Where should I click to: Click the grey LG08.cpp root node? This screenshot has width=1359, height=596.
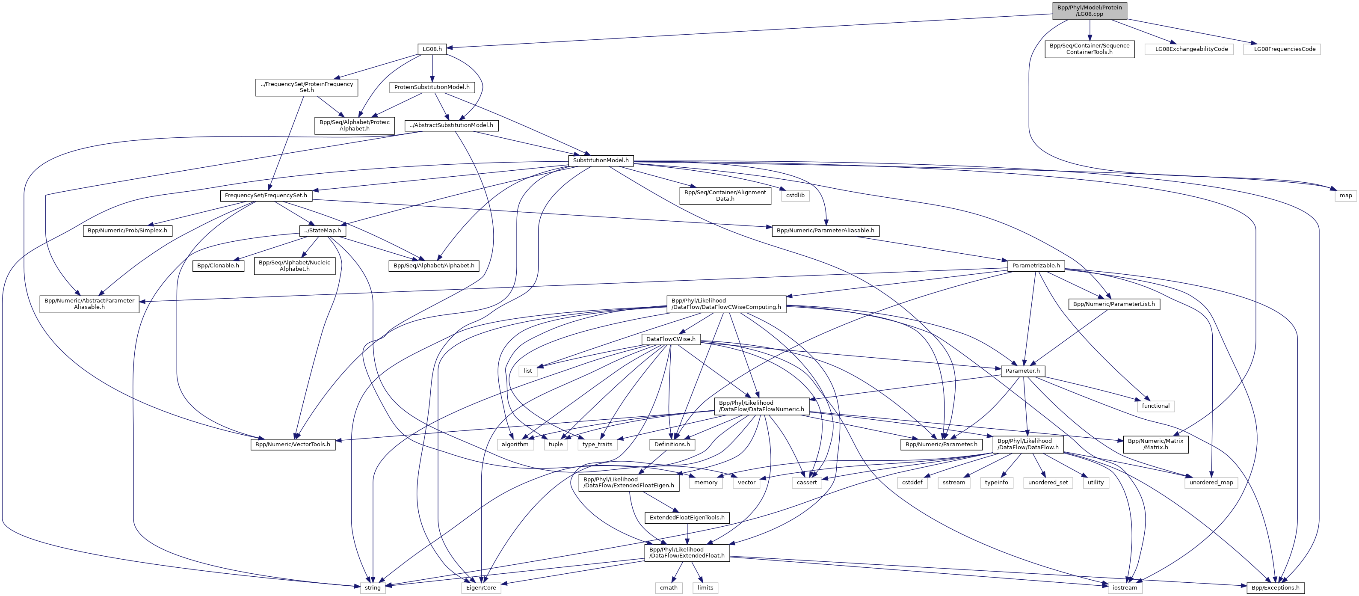pyautogui.click(x=1090, y=11)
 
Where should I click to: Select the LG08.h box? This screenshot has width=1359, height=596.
pyautogui.click(x=432, y=49)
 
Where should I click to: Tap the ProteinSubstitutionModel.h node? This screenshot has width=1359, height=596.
pyautogui.click(x=432, y=87)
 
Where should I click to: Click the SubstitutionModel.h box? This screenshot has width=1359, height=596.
pyautogui.click(x=601, y=160)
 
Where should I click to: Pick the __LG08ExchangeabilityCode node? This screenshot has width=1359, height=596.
pyautogui.click(x=1189, y=49)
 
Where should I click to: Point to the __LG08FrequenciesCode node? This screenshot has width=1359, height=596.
pyautogui.click(x=1282, y=49)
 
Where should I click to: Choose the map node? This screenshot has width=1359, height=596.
pyautogui.click(x=1345, y=196)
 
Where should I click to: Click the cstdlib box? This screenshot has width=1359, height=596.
pyautogui.click(x=795, y=196)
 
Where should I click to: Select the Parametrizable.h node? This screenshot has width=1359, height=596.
pyautogui.click(x=1036, y=266)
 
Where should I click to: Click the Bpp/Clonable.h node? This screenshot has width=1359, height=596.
pyautogui.click(x=218, y=266)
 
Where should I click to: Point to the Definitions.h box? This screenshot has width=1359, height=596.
pyautogui.click(x=672, y=444)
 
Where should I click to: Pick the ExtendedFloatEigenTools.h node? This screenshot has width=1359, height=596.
pyautogui.click(x=687, y=517)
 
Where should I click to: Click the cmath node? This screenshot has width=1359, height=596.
pyautogui.click(x=669, y=587)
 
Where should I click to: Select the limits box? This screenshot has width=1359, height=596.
pyautogui.click(x=705, y=587)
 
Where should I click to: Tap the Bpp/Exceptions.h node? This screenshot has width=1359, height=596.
pyautogui.click(x=1275, y=587)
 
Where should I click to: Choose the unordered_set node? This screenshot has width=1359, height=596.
pyautogui.click(x=1048, y=483)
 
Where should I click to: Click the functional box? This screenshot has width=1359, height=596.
pyautogui.click(x=1155, y=406)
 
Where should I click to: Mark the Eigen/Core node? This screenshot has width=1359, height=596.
pyautogui.click(x=481, y=587)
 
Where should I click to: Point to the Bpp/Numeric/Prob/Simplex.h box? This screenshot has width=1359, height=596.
pyautogui.click(x=127, y=231)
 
